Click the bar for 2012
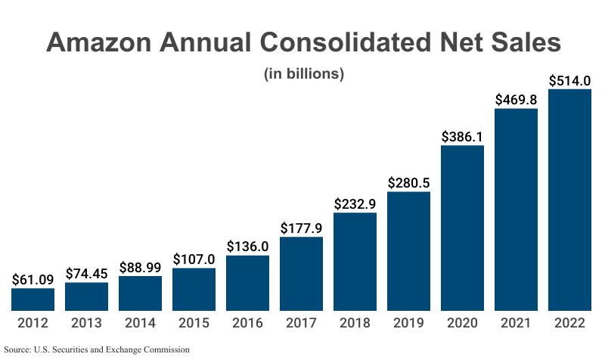(x=33, y=299)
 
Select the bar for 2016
(x=247, y=283)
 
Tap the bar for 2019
(x=408, y=251)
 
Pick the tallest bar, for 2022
(x=569, y=200)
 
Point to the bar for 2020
(x=462, y=228)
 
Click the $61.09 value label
(x=33, y=278)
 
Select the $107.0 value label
(x=194, y=259)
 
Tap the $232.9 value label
(x=355, y=203)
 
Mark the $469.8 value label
(x=516, y=99)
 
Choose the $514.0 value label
(x=569, y=80)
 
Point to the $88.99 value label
(x=140, y=267)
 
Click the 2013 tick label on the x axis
(x=86, y=323)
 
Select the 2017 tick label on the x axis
(x=301, y=323)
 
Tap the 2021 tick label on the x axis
(x=516, y=323)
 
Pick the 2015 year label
(x=194, y=323)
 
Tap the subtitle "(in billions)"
(x=303, y=74)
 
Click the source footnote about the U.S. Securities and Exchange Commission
(x=96, y=349)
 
